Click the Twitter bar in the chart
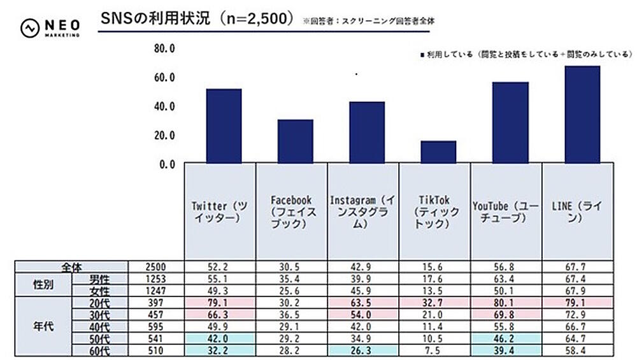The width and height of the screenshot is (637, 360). pos(224,126)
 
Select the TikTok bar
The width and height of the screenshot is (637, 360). pos(438,152)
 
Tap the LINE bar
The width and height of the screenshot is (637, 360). pos(582,115)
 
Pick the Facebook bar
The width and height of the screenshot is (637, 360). pos(295,141)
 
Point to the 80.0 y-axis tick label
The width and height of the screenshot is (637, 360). pos(164,48)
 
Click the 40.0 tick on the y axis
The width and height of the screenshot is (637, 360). pos(164,106)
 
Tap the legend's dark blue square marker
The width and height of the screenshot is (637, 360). pos(422,55)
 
